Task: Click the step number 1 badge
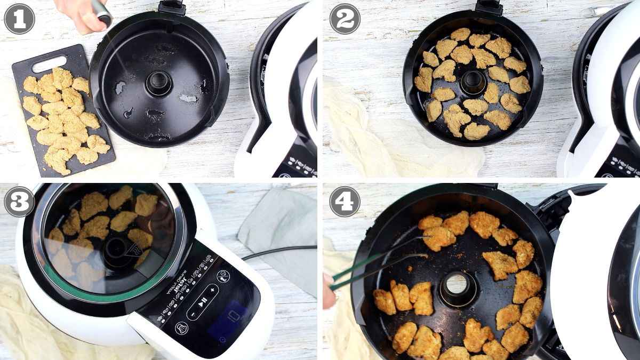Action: [19, 19]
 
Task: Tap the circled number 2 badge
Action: [345, 19]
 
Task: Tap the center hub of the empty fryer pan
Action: [159, 83]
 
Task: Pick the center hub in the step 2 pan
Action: [473, 82]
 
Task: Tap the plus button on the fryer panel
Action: [213, 290]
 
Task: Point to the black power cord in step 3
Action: [277, 251]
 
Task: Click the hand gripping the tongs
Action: [327, 291]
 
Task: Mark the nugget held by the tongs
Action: [439, 238]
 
